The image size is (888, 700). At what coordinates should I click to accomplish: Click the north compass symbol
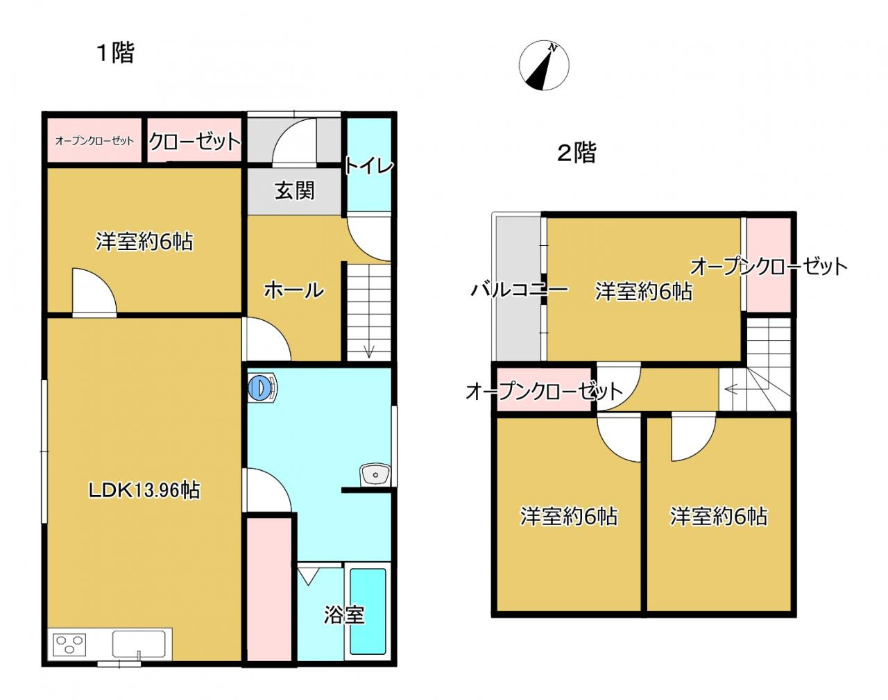544,67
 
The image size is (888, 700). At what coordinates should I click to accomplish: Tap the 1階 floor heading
114,53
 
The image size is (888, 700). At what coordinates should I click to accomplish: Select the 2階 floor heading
577,153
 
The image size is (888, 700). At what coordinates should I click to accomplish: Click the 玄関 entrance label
295,190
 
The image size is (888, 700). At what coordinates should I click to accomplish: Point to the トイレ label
369,165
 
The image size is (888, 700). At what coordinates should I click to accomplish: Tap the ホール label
293,290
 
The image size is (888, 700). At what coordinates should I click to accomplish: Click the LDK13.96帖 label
144,490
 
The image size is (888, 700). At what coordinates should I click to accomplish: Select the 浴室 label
343,615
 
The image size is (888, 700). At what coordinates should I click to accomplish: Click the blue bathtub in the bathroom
367,611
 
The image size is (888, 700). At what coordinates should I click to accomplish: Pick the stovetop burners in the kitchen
68,644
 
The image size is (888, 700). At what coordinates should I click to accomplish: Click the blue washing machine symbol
262,388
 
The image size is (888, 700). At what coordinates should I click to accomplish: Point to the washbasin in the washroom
375,476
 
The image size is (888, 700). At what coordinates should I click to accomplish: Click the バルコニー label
519,290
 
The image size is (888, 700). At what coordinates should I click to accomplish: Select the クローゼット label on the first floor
195,142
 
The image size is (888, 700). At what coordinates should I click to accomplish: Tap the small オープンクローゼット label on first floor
94,141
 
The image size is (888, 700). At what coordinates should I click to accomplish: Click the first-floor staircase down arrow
368,351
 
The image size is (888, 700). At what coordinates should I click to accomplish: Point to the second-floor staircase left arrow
729,390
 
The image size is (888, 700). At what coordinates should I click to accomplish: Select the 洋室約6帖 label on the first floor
144,242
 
